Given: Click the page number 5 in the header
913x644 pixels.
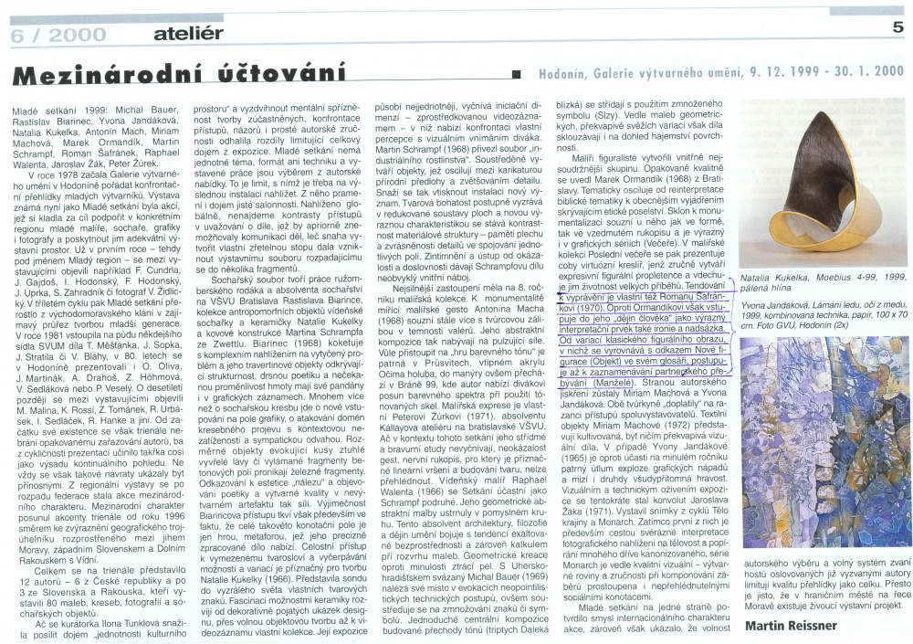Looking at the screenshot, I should (898, 28).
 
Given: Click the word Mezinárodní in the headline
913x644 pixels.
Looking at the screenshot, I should (103, 72).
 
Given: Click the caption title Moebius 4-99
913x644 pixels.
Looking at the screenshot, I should (836, 275).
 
